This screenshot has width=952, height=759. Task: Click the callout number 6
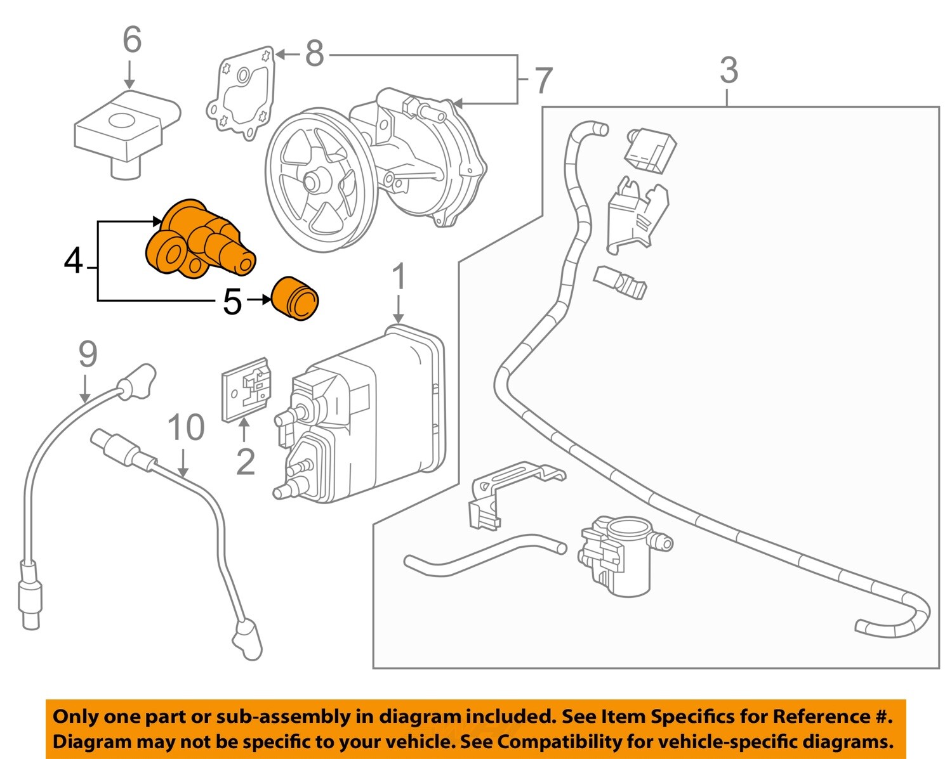click(132, 41)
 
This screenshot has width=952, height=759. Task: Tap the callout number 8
click(315, 54)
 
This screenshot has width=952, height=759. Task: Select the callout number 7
click(543, 81)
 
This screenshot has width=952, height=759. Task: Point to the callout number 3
click(729, 70)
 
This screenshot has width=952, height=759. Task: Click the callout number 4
click(74, 261)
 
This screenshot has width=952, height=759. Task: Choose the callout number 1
click(398, 277)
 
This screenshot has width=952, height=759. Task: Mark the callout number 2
click(245, 462)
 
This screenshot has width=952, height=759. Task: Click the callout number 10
click(186, 428)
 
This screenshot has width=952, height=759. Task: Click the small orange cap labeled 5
click(294, 298)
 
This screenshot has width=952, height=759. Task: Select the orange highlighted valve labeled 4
click(197, 241)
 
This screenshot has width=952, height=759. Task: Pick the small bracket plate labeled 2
click(246, 388)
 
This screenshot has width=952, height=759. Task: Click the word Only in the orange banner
click(75, 717)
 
